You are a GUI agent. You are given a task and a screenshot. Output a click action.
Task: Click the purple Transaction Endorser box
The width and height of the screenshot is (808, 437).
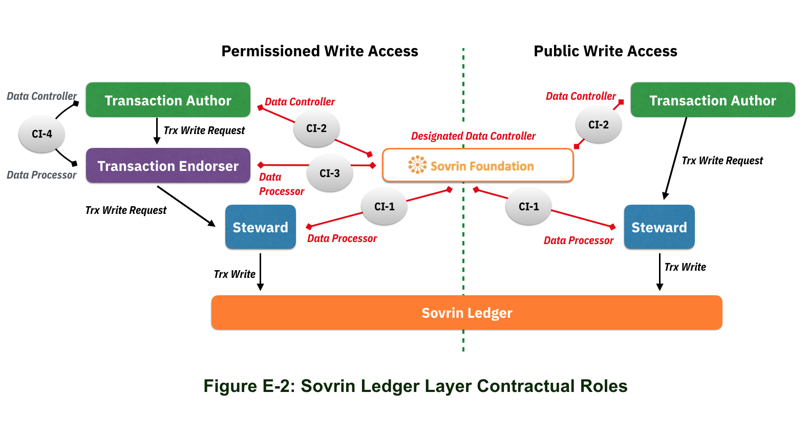tap(168, 166)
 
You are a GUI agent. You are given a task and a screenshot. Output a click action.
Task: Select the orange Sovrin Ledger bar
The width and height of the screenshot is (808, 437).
tap(466, 313)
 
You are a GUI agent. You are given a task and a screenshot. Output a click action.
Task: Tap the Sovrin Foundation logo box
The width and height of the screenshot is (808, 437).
tap(477, 165)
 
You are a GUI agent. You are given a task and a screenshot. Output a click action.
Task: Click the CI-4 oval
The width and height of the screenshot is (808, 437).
tap(42, 134)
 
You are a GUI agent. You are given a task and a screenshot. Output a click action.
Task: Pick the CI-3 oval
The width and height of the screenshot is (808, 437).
tap(330, 173)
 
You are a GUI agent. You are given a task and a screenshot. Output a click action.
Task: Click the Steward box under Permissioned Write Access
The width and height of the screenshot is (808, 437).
tap(260, 227)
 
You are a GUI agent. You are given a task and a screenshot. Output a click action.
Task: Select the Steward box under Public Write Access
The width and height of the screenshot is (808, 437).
tap(659, 227)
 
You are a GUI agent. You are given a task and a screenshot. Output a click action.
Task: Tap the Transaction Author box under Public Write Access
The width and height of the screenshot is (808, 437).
tap(712, 100)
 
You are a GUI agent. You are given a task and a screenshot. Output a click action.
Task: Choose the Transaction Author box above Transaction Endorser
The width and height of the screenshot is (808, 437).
tap(168, 100)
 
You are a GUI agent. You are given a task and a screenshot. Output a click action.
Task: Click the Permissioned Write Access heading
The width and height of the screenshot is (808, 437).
tap(320, 51)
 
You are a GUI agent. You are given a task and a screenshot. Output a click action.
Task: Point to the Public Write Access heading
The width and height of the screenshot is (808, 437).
tap(605, 51)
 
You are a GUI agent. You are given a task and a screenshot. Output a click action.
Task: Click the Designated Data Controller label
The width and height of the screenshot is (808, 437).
tap(473, 136)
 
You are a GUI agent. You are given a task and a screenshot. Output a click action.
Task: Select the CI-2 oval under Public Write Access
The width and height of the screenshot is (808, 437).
tap(598, 125)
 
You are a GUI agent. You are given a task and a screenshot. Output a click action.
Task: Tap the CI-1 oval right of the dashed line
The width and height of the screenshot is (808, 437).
tap(528, 207)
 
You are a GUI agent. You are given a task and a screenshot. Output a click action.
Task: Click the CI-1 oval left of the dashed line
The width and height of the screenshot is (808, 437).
tap(384, 207)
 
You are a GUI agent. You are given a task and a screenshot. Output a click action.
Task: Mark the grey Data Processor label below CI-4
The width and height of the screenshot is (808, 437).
tap(41, 175)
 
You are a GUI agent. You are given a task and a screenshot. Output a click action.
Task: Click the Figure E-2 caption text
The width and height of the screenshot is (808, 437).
tap(415, 386)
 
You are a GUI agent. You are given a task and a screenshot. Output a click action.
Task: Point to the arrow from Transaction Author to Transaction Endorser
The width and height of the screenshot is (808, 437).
tap(157, 131)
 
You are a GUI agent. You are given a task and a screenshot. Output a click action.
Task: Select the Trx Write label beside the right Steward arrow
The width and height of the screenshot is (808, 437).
tap(685, 267)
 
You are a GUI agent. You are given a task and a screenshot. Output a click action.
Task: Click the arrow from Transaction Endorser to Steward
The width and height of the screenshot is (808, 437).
tap(186, 206)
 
